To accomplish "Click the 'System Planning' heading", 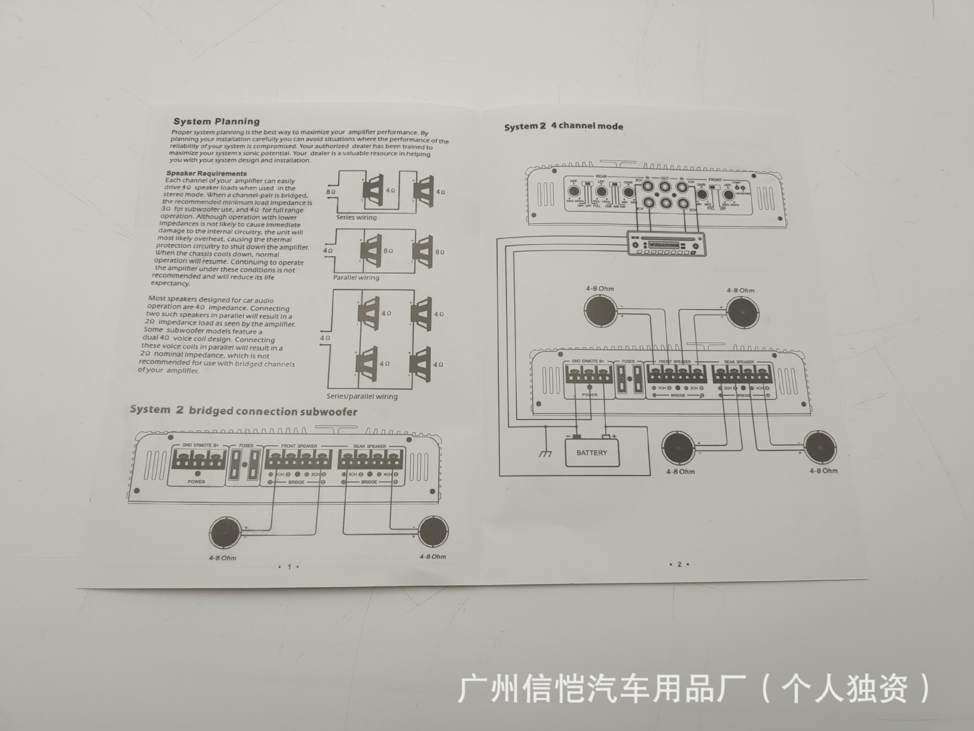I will pyautogui.click(x=217, y=121).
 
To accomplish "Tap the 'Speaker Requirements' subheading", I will pyautogui.click(x=206, y=174).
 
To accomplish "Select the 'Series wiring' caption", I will pyautogui.click(x=356, y=217).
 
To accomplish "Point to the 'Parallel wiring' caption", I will pyautogui.click(x=356, y=278).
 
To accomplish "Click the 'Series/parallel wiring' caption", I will pyautogui.click(x=362, y=396).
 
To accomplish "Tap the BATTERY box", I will pyautogui.click(x=592, y=453).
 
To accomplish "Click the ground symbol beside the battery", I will pyautogui.click(x=545, y=453).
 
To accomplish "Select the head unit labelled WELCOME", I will pyautogui.click(x=666, y=244).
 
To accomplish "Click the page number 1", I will pyautogui.click(x=289, y=567).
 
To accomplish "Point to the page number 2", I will pyautogui.click(x=679, y=564).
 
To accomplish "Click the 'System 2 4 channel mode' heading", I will pyautogui.click(x=564, y=126).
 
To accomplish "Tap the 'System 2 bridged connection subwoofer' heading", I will pyautogui.click(x=243, y=411).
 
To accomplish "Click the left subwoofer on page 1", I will pyautogui.click(x=225, y=533).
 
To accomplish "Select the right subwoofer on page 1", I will pyautogui.click(x=433, y=531).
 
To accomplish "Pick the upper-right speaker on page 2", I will pyautogui.click(x=742, y=312).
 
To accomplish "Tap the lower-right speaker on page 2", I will pyautogui.click(x=820, y=448).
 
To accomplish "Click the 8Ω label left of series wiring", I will pyautogui.click(x=331, y=192).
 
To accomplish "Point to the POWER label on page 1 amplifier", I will pyautogui.click(x=196, y=482).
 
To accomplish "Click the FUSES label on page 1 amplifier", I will pyautogui.click(x=247, y=446).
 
